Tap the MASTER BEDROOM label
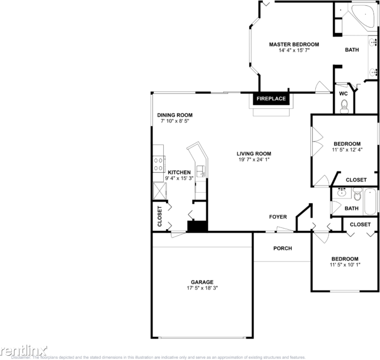click(x=294, y=45)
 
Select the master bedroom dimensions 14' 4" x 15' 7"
click(x=294, y=51)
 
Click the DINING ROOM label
click(x=174, y=115)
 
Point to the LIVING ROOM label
click(x=254, y=153)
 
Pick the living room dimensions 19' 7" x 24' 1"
click(x=254, y=160)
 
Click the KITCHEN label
click(x=179, y=172)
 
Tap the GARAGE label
click(x=201, y=282)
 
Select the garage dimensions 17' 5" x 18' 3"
click(x=201, y=288)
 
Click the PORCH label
click(x=282, y=248)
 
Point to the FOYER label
click(x=278, y=217)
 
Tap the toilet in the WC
click(x=345, y=107)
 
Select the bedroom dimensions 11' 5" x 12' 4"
click(x=347, y=150)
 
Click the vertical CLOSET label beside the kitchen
click(x=160, y=216)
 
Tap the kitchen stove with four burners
click(x=158, y=162)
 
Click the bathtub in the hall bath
click(x=369, y=201)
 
